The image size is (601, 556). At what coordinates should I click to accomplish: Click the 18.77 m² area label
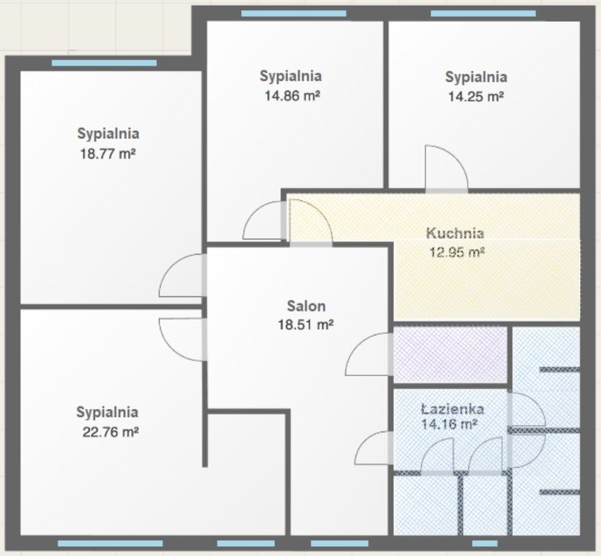tap(108, 154)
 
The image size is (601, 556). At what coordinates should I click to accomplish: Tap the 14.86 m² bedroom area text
tap(292, 96)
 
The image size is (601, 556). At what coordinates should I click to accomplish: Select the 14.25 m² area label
tap(476, 96)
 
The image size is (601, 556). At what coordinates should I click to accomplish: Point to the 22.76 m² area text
tap(111, 432)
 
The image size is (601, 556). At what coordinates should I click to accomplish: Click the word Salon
tap(306, 306)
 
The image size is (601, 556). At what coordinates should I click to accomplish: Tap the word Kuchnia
tap(455, 233)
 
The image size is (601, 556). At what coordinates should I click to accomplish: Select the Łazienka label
tap(452, 409)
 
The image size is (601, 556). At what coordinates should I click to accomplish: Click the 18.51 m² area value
tap(305, 325)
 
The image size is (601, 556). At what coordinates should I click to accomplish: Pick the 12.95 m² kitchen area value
tap(457, 253)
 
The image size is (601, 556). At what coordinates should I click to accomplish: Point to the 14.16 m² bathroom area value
tap(449, 424)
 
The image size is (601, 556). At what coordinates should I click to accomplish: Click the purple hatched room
tap(451, 354)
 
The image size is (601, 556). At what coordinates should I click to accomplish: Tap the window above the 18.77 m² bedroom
tap(104, 63)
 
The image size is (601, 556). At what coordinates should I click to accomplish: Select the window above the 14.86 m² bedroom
tap(294, 14)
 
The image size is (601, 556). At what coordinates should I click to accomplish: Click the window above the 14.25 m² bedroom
tap(483, 14)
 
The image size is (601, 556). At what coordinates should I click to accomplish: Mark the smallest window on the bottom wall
tap(485, 544)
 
